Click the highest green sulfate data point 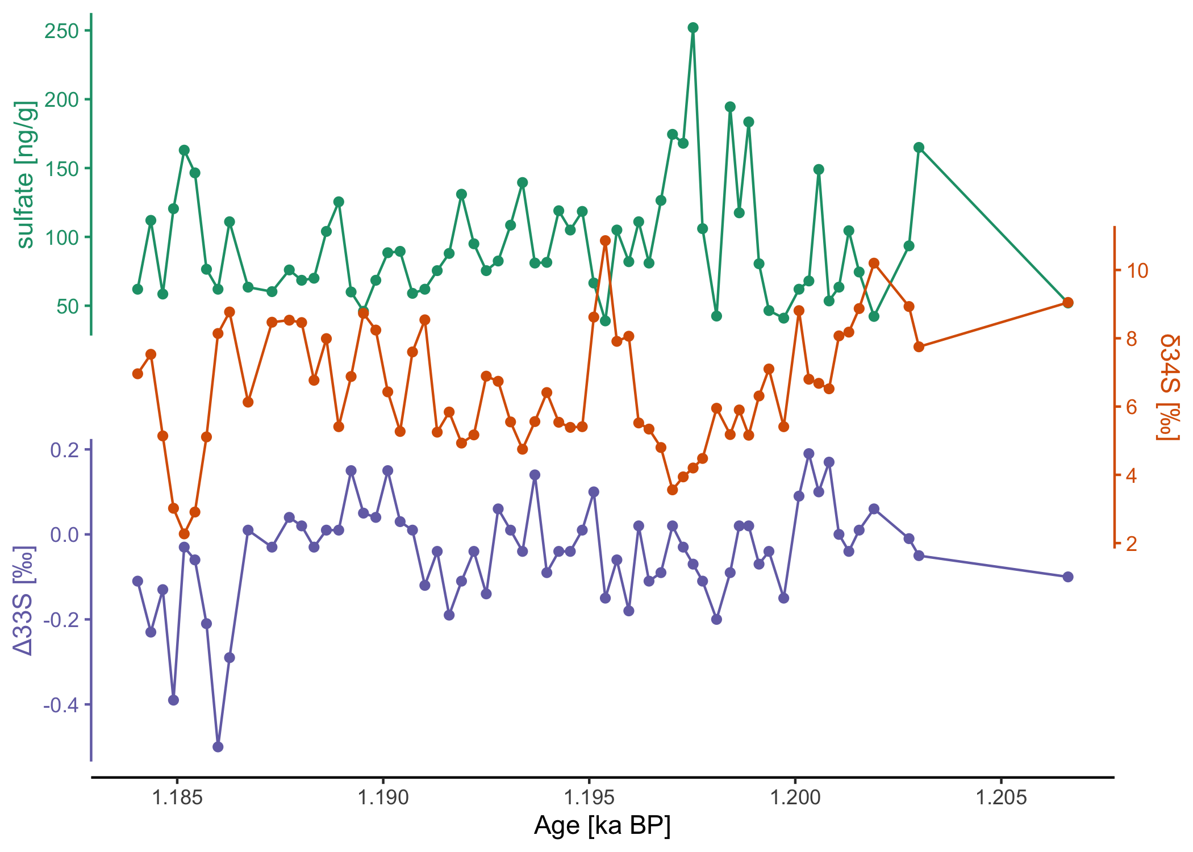[x=693, y=28]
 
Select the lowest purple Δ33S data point [x=218, y=747]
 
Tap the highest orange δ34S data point [x=605, y=240]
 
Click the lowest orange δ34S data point [x=184, y=534]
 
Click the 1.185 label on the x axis [x=177, y=797]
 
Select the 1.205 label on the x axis [x=1001, y=797]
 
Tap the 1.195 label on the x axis [x=589, y=797]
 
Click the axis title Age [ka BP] [x=602, y=826]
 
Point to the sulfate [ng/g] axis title [x=26, y=175]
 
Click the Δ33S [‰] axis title [x=24, y=600]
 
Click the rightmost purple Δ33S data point [x=1068, y=577]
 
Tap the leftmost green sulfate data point [x=137, y=289]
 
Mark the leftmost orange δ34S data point [x=137, y=374]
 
